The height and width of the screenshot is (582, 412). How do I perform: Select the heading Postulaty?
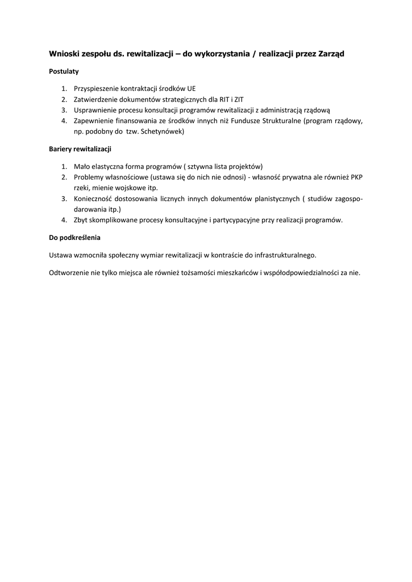(x=64, y=72)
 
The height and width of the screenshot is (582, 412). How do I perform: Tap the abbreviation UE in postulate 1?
(x=191, y=89)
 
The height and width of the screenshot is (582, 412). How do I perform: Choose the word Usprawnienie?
(x=95, y=110)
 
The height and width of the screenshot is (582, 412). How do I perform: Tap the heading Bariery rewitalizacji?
(x=80, y=149)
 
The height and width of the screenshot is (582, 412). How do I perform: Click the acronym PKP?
(x=356, y=177)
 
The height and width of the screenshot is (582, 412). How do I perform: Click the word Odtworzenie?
(x=69, y=272)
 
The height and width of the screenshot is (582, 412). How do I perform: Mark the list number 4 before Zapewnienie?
(x=65, y=121)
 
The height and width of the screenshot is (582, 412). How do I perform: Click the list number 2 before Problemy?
(x=65, y=177)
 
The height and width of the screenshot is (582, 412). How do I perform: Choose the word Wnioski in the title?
(x=64, y=53)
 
